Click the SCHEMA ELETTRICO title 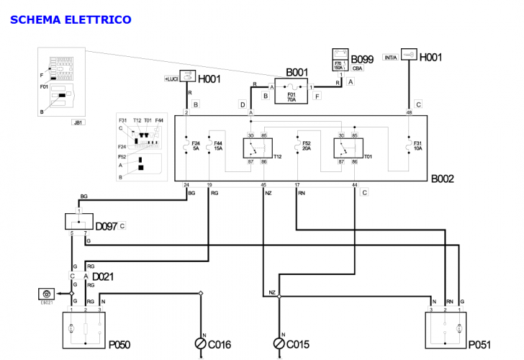71,19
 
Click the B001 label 298,72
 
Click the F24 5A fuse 186,148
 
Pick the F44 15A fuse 209,148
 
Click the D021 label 103,276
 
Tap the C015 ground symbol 279,343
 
